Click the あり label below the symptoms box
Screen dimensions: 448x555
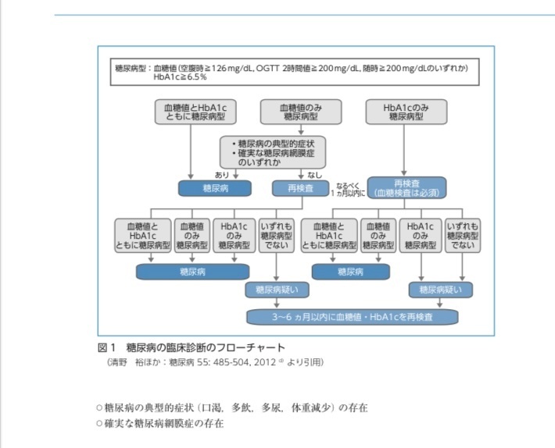coord(222,175)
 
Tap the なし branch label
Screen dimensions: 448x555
coord(314,175)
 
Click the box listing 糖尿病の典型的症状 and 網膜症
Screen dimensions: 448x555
coord(272,151)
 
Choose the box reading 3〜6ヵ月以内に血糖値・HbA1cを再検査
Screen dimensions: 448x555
coord(352,317)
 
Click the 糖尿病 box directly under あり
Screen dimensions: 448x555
coord(214,188)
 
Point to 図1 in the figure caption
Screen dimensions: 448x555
coord(106,347)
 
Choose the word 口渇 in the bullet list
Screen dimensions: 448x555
coord(232,407)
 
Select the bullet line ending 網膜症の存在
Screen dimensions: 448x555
coord(159,424)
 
